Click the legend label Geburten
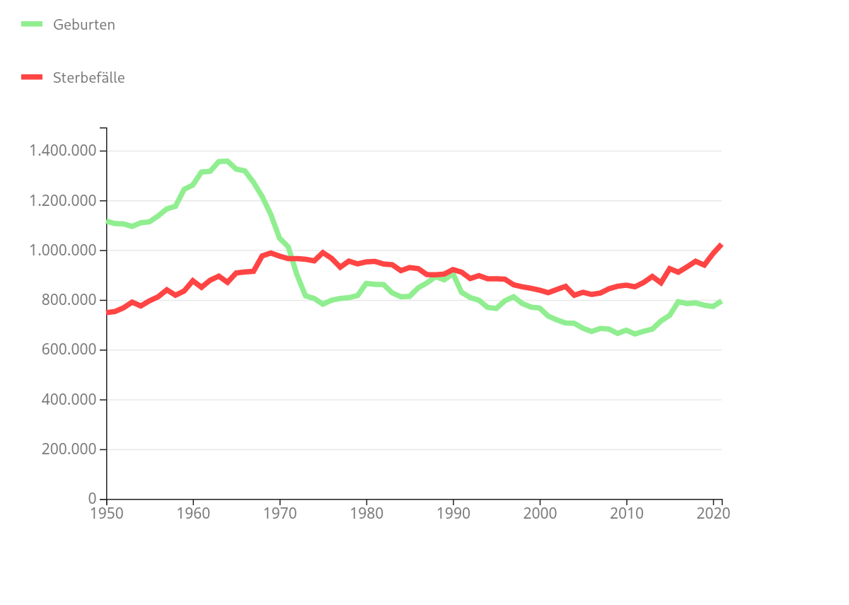(x=83, y=25)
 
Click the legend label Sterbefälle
(x=88, y=78)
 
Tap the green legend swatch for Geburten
(x=32, y=24)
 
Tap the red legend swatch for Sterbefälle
(x=32, y=77)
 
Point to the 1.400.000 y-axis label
(x=62, y=151)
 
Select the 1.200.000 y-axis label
(x=62, y=201)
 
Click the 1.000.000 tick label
(x=62, y=250)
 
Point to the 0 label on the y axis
(x=93, y=500)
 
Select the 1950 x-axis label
(x=106, y=513)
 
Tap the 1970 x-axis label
(x=279, y=513)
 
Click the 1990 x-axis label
(x=453, y=513)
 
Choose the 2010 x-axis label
(x=626, y=513)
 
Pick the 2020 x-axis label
(x=713, y=513)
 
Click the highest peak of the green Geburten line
(x=227, y=161)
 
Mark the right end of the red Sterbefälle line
(x=721, y=245)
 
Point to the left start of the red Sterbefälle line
(x=107, y=312)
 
